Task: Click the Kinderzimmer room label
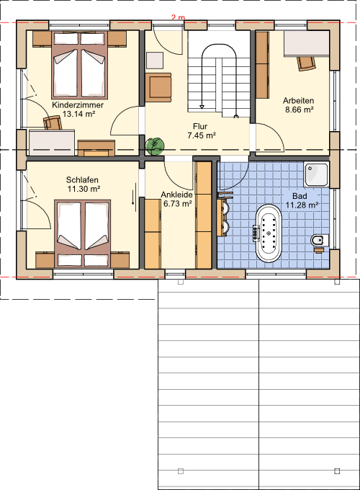[78, 104]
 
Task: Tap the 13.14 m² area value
[78, 114]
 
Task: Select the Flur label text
[200, 126]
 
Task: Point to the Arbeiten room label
[299, 101]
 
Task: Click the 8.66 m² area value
[299, 110]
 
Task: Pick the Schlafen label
[82, 179]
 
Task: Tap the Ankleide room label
[176, 195]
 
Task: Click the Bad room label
[300, 196]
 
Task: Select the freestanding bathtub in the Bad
[269, 233]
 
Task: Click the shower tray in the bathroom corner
[317, 174]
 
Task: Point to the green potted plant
[155, 146]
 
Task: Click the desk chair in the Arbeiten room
[306, 63]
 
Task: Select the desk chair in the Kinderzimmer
[52, 122]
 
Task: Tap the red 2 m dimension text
[178, 17]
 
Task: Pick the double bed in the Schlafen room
[82, 233]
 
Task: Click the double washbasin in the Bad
[223, 215]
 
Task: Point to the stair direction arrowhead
[202, 107]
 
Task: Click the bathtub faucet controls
[256, 233]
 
